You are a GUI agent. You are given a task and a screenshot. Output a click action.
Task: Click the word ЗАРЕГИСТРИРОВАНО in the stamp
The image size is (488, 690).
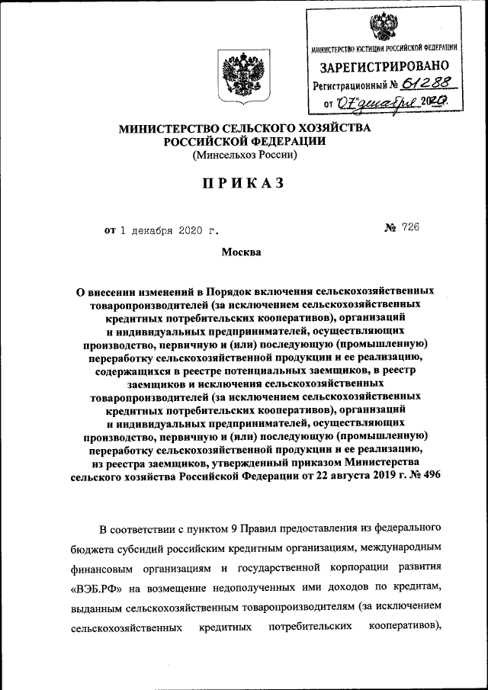point(384,68)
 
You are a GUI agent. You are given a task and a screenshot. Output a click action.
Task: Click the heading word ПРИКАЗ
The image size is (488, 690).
point(243,183)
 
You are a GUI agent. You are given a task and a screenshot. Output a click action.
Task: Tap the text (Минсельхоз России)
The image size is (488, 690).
point(244,155)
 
